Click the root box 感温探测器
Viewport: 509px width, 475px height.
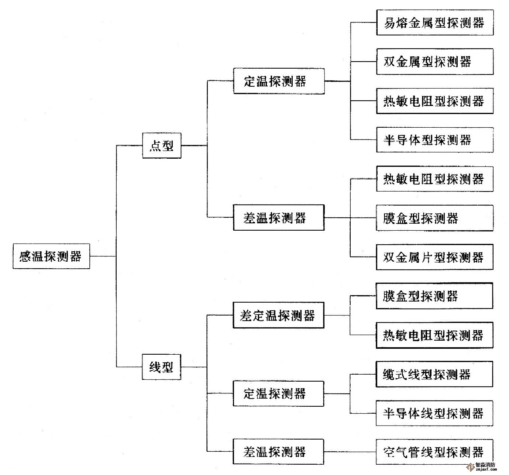coord(51,256)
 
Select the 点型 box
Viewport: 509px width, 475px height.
coord(162,146)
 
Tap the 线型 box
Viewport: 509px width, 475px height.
coord(162,367)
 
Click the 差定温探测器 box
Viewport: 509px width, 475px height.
coord(278,316)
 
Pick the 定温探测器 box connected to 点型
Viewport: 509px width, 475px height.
coord(279,81)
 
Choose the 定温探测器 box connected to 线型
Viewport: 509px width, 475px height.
coord(278,393)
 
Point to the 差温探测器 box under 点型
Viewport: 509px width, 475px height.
coord(279,217)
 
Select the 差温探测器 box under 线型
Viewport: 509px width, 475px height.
coord(278,451)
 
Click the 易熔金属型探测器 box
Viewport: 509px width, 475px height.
coord(434,23)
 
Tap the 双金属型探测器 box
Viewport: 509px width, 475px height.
coord(434,61)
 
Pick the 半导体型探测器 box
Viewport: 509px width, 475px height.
coord(434,140)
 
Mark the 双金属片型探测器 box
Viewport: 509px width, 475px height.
coord(434,257)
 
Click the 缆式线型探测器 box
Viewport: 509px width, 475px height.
coord(434,374)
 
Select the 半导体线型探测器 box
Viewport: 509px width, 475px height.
coord(434,413)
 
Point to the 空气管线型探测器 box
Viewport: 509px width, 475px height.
coord(434,452)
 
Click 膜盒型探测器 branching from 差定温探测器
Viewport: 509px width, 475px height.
coord(434,296)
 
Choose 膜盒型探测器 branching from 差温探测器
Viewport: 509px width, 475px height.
coord(434,218)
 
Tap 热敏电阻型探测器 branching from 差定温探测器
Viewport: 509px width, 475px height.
coord(434,335)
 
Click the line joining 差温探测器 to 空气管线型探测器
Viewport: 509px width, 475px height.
coord(350,452)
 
